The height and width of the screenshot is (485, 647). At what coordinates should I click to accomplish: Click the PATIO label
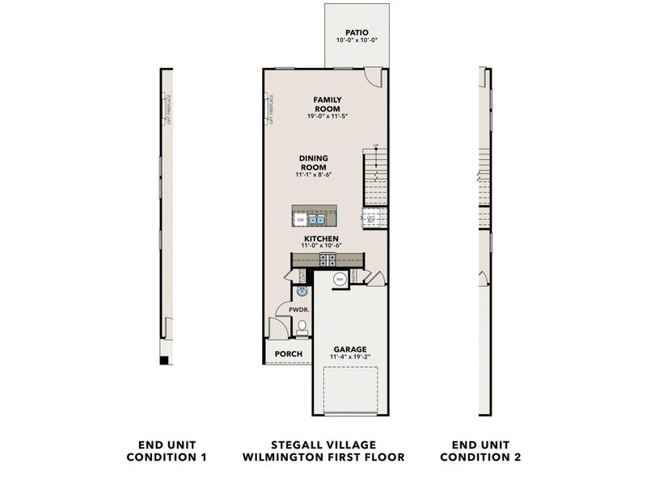pyautogui.click(x=351, y=33)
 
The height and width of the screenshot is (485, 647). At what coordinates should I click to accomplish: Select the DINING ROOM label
pyautogui.click(x=312, y=162)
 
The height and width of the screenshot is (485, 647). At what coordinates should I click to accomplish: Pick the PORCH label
pyautogui.click(x=289, y=354)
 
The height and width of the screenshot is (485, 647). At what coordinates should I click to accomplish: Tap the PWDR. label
pyautogui.click(x=289, y=309)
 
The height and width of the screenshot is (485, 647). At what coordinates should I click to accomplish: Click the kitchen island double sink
pyautogui.click(x=316, y=219)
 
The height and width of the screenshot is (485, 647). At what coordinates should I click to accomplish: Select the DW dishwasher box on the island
pyautogui.click(x=300, y=219)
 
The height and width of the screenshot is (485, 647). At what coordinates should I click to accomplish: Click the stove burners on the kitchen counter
pyautogui.click(x=329, y=259)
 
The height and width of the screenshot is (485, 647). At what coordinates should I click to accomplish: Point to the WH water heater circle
pyautogui.click(x=340, y=279)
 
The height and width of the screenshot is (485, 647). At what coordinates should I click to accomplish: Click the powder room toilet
pyautogui.click(x=302, y=327)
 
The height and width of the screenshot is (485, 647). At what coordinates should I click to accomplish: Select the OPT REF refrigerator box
pyautogui.click(x=372, y=218)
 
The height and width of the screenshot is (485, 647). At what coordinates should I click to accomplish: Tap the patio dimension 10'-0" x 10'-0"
pyautogui.click(x=351, y=40)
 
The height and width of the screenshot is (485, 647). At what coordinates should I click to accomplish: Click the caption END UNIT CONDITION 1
pyautogui.click(x=167, y=451)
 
